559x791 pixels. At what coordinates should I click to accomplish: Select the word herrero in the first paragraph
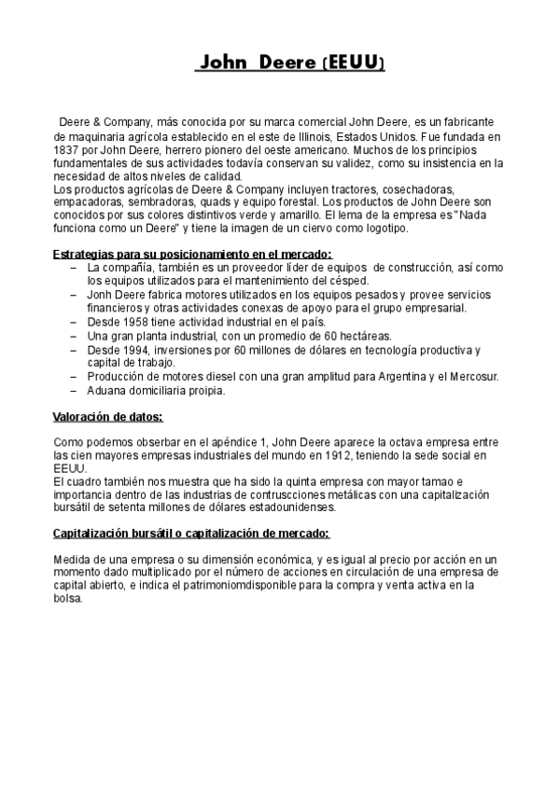186,149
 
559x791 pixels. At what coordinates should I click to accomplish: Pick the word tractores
371,189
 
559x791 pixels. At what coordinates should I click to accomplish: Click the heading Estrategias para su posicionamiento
192,255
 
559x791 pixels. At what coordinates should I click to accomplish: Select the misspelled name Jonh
101,295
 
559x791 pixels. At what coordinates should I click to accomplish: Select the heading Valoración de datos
107,416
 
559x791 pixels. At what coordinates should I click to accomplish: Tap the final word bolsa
71,573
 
